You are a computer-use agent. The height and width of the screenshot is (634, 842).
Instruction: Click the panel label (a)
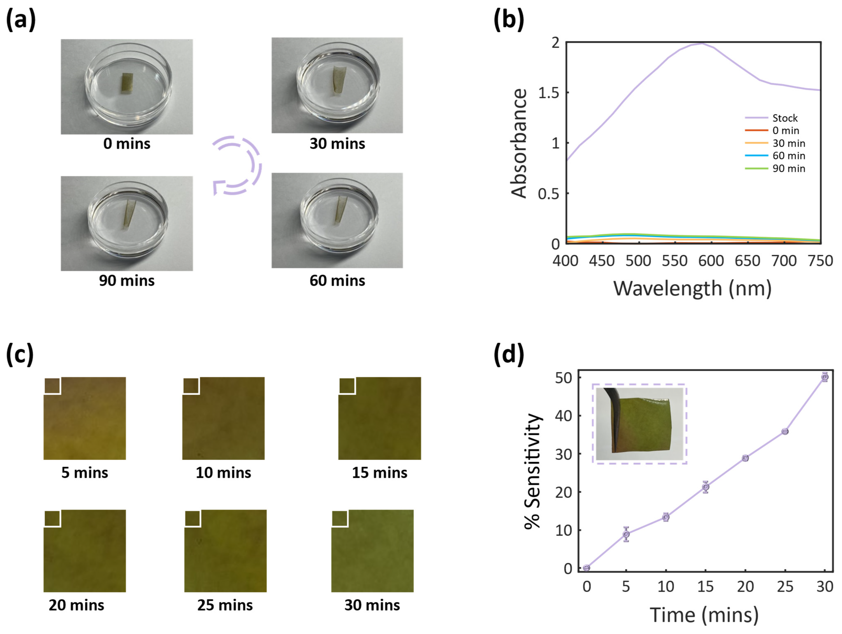pyautogui.click(x=21, y=20)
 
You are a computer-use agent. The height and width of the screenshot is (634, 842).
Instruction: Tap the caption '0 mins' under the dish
pyautogui.click(x=127, y=144)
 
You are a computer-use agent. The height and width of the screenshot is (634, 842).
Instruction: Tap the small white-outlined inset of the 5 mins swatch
pyautogui.click(x=52, y=386)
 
